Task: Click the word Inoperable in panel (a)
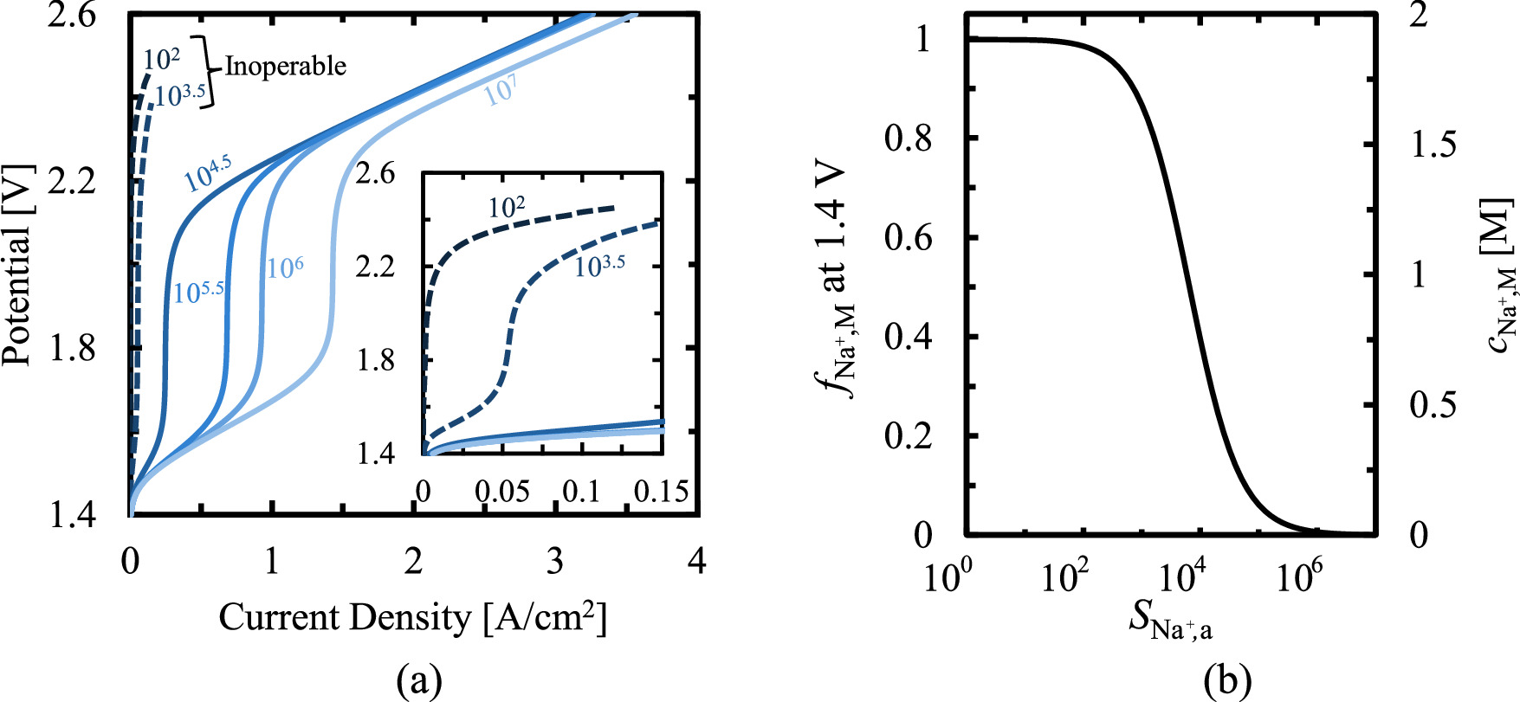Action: coord(285,66)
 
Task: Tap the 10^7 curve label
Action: coord(501,90)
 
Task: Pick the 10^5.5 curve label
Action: coord(198,292)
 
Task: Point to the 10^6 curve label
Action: coord(285,267)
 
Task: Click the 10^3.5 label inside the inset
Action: coord(599,266)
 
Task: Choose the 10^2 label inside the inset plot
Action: coord(507,207)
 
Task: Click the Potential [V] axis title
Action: coord(16,264)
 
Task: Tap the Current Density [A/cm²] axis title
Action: coord(412,618)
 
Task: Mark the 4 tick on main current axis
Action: coord(696,562)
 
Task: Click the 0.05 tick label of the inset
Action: coord(502,492)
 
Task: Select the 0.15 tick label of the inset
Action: coord(661,492)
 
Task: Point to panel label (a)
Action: coord(418,681)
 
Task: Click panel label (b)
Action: coord(1227,681)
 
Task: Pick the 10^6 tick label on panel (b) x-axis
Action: coord(1297,576)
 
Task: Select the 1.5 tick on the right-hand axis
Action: coord(1433,145)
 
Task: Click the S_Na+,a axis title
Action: coord(1170,621)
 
